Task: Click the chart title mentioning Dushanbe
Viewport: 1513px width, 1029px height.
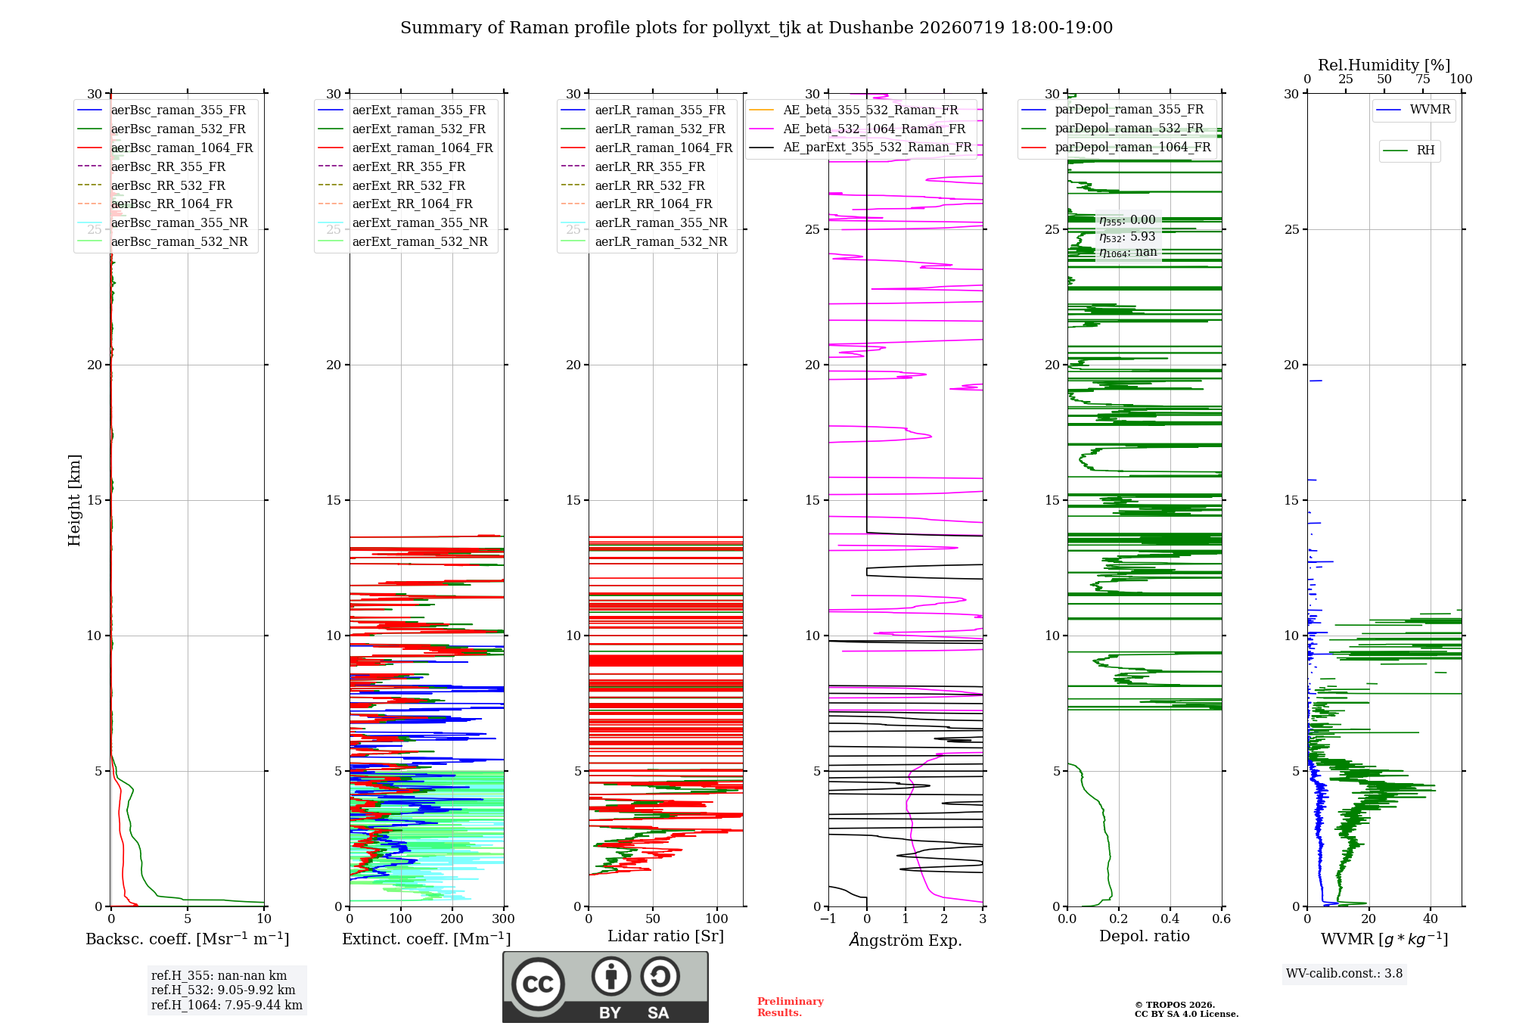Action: pos(756,28)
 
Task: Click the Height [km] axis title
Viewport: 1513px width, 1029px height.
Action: pos(74,500)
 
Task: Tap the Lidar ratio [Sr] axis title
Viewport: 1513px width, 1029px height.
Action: pos(666,936)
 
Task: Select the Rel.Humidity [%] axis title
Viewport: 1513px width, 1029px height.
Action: pos(1384,65)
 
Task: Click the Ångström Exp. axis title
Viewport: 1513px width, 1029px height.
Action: pos(906,940)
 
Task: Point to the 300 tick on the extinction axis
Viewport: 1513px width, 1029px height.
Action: pos(503,919)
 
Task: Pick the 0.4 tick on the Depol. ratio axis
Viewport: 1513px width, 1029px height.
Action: pos(1170,919)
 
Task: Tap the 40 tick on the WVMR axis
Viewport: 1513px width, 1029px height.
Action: pos(1431,919)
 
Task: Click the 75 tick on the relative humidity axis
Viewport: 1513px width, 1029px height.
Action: pos(1423,79)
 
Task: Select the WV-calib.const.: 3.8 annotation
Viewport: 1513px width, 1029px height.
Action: pos(1344,974)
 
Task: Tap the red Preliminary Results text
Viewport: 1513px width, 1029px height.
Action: pos(791,1007)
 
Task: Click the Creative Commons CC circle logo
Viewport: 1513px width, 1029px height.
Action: pos(538,984)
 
